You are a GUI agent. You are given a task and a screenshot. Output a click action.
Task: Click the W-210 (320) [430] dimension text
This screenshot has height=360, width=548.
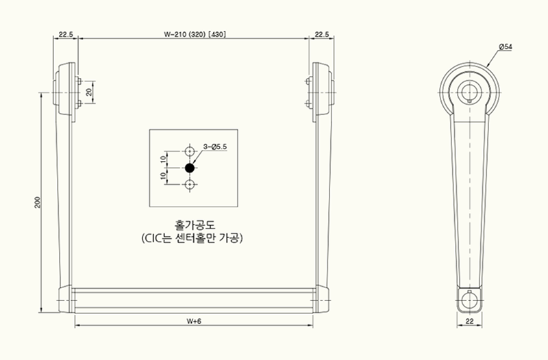pos(195,34)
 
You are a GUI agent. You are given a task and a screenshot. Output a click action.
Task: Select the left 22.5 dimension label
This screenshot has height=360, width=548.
pos(66,34)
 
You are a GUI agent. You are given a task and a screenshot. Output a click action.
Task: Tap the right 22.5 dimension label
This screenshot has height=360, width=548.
pos(322,34)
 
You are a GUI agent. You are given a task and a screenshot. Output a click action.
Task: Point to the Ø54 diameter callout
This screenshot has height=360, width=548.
pos(506,47)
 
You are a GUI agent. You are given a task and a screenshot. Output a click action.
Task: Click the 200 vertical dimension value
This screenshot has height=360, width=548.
pos(38,203)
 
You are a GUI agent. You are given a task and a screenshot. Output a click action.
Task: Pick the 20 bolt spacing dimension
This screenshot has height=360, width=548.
pos(89,92)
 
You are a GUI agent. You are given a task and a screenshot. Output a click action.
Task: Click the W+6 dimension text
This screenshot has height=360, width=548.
pos(194,321)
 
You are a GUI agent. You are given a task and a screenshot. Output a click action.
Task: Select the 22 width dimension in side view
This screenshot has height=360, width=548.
pos(470,321)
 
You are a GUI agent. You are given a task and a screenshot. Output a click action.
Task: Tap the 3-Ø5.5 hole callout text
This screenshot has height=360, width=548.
pos(215,146)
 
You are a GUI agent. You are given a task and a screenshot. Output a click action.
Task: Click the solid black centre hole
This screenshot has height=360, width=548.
pos(190,168)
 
